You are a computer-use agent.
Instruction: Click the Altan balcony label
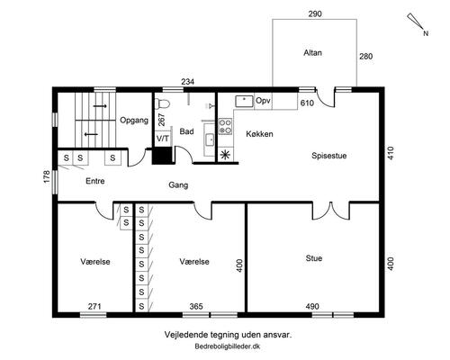(312, 53)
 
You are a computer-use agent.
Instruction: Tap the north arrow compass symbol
(417, 23)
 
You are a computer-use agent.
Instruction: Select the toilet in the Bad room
(163, 103)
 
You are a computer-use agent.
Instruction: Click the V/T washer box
(163, 139)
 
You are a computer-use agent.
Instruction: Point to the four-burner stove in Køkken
(225, 126)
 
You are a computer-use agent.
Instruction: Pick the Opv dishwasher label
(263, 101)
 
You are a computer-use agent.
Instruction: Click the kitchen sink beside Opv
(244, 102)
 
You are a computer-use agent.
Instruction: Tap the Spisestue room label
(328, 156)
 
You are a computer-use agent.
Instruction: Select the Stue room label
(314, 258)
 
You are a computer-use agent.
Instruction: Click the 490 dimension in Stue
(312, 306)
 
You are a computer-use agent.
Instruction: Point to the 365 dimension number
(196, 306)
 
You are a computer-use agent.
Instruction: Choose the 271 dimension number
(94, 306)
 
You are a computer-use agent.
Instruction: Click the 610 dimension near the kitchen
(307, 103)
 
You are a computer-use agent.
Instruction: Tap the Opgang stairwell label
(134, 121)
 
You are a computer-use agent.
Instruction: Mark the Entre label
(95, 181)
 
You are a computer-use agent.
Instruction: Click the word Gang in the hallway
(178, 185)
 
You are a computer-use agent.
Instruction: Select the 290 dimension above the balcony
(315, 13)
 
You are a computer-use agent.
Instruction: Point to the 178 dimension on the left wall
(47, 177)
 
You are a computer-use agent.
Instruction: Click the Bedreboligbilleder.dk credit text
(228, 346)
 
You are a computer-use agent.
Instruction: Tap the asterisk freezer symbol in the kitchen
(225, 155)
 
